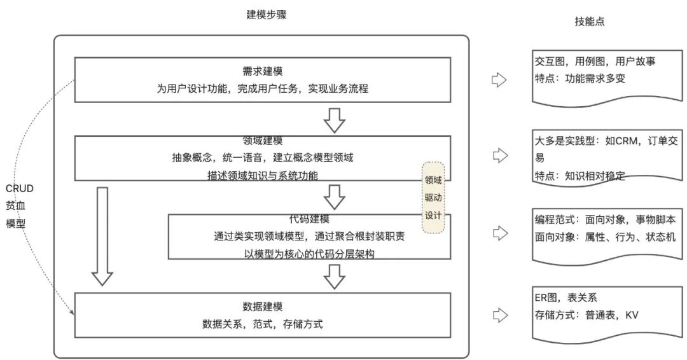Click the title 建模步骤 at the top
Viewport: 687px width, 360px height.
pos(266,15)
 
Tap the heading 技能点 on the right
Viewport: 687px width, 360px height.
pos(589,22)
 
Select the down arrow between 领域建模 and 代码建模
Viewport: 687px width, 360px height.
pos(334,197)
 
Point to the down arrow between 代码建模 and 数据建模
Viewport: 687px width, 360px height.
pos(334,275)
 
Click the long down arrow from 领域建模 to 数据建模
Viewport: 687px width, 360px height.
pos(102,236)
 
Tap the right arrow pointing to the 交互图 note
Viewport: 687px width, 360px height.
pos(500,80)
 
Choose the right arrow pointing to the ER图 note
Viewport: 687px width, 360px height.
pos(500,314)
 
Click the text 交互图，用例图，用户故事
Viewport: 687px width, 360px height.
pos(595,62)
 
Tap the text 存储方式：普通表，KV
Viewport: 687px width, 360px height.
pos(586,314)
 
